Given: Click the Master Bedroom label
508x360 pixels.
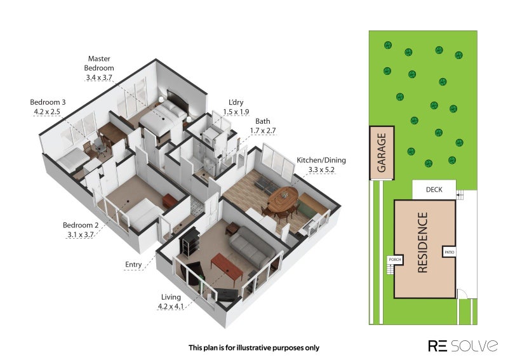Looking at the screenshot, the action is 99,63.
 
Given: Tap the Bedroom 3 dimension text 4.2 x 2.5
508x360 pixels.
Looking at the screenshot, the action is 47,112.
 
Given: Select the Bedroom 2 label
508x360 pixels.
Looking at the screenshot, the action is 81,225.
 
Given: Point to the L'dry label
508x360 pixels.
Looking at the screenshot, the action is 236,102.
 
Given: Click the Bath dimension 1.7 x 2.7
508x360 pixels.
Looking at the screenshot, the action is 263,131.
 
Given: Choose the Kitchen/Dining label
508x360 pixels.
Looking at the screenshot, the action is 321,160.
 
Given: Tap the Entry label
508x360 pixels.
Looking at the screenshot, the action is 133,264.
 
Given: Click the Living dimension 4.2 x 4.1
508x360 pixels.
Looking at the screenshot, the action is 171,306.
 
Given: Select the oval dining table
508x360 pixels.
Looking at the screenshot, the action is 283,199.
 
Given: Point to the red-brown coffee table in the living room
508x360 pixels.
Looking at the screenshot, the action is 227,268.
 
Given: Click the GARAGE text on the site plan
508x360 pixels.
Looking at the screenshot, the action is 382,152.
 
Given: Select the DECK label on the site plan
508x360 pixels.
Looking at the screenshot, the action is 434,190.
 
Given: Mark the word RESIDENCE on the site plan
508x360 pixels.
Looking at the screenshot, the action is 422,243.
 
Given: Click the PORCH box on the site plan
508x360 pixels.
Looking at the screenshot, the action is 395,260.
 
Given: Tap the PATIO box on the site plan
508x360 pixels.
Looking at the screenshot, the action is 450,252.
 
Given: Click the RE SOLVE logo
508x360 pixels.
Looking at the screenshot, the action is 463,346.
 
